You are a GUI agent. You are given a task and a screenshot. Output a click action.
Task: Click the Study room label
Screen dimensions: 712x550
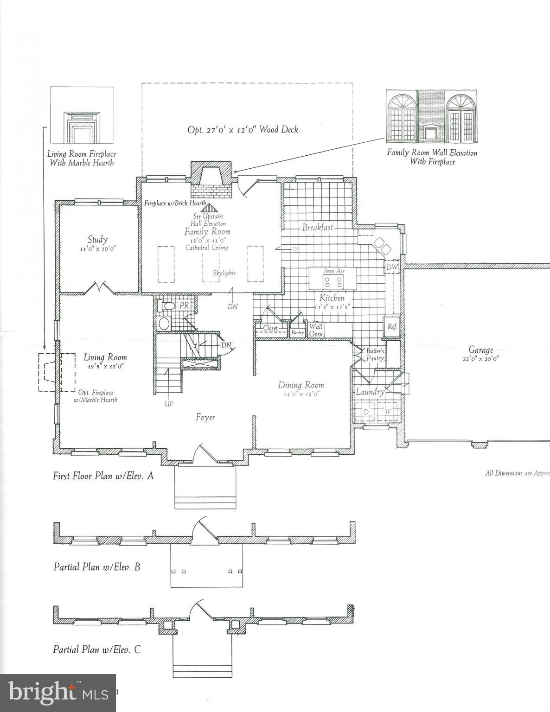98,240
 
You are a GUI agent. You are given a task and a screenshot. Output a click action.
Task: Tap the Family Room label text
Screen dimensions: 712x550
207,231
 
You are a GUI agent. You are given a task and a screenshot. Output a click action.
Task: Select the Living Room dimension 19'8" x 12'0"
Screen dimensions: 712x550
105,366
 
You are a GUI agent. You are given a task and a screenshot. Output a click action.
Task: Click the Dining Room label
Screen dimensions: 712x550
301,385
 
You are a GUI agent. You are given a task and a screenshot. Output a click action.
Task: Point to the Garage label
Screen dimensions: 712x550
480,350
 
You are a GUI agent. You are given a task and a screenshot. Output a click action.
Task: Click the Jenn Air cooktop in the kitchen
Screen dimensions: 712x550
333,281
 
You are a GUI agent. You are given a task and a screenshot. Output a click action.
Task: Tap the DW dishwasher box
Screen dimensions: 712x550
392,267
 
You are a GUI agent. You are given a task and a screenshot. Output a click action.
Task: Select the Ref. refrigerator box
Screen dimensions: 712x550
392,326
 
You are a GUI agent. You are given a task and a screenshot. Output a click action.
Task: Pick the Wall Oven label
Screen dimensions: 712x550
316,330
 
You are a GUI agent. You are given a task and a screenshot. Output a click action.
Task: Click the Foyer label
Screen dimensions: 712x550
205,417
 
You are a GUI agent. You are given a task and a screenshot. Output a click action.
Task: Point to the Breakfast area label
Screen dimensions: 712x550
318,228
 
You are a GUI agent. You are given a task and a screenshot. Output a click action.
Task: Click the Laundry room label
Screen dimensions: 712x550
370,392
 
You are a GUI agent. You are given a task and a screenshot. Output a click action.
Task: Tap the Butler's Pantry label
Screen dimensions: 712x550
375,355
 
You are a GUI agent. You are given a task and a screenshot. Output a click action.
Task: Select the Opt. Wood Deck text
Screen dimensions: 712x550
243,130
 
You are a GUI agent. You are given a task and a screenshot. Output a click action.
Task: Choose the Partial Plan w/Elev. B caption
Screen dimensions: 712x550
96,566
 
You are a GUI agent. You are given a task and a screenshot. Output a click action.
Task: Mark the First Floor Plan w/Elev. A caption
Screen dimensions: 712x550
103,476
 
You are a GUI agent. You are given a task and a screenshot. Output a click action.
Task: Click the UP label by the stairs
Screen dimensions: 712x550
169,404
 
